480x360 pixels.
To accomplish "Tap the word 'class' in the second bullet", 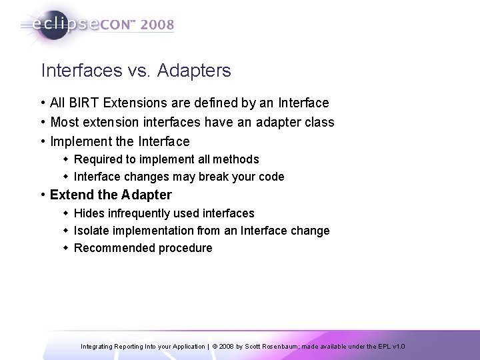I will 319,123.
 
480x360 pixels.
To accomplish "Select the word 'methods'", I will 238,159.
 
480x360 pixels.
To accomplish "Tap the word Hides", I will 87,213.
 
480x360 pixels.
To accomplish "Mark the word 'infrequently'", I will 135,213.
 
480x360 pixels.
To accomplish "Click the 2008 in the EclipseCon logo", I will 157,25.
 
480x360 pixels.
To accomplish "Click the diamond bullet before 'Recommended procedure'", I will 67,248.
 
